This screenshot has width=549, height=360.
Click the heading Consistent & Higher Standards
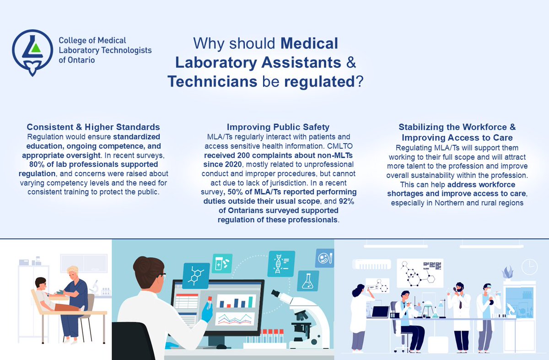93,127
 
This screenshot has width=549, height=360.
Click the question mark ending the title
359,81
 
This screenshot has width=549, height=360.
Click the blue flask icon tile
307,279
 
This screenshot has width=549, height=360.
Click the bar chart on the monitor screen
236,301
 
